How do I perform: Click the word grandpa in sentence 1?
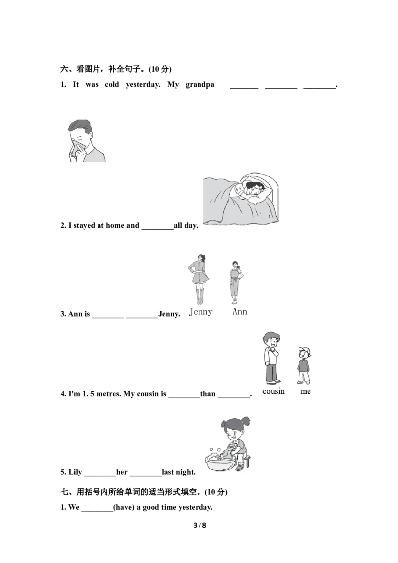[x=199, y=85]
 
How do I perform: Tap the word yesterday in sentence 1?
[x=143, y=85]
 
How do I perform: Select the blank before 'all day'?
[x=157, y=229]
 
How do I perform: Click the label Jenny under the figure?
[x=200, y=312]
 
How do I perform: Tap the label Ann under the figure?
[x=240, y=312]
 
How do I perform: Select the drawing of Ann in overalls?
[x=236, y=282]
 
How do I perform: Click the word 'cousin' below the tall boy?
[x=273, y=391]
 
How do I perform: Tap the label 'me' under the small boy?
[x=305, y=392]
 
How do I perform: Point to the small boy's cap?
[x=304, y=351]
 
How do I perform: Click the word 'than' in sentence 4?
[x=207, y=394]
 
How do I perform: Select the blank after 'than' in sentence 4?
[x=234, y=397]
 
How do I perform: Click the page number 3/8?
[x=199, y=525]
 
